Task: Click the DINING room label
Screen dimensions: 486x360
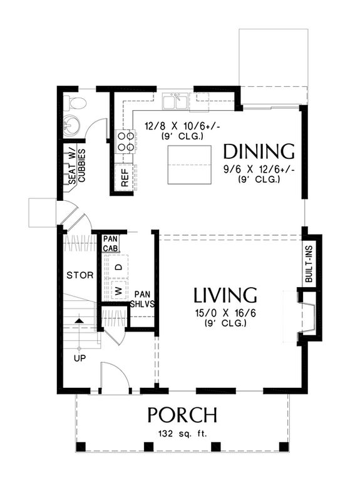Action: coord(259,152)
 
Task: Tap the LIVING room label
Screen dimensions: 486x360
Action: coord(225,295)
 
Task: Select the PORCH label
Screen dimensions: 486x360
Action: coord(182,415)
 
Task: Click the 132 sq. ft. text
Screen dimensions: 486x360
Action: coord(182,433)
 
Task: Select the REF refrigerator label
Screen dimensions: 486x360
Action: coord(124,178)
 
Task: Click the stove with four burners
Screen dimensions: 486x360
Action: coord(125,142)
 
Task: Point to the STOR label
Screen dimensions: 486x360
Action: coord(80,275)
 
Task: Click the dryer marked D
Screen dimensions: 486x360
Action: coord(118,268)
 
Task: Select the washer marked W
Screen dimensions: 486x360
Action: coord(118,290)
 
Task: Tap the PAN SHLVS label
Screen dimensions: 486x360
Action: coord(142,300)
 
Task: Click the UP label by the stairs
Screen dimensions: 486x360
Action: coord(79,358)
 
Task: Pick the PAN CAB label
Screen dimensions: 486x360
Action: coord(110,243)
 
